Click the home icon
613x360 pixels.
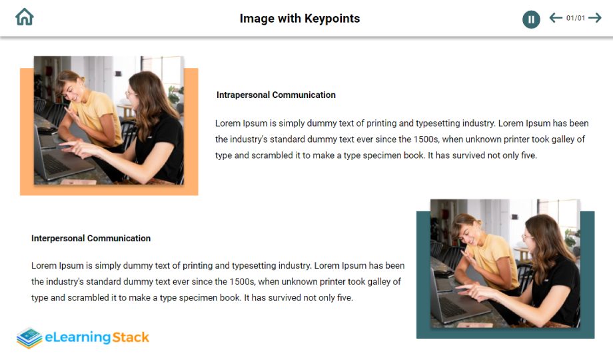tap(24, 17)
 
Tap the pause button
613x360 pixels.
tap(531, 19)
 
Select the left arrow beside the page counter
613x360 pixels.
tap(556, 17)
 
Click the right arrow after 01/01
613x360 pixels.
tap(594, 17)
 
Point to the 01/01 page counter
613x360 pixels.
tap(576, 18)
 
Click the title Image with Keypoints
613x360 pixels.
tap(300, 19)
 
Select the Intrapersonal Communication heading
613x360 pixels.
tap(276, 95)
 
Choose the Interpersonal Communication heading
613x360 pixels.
tap(91, 238)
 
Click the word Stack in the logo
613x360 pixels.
tap(131, 337)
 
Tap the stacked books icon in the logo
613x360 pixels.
tap(29, 338)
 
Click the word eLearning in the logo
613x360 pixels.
tap(78, 337)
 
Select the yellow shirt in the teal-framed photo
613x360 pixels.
tap(494, 258)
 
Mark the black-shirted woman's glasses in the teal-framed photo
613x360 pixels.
tap(527, 237)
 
